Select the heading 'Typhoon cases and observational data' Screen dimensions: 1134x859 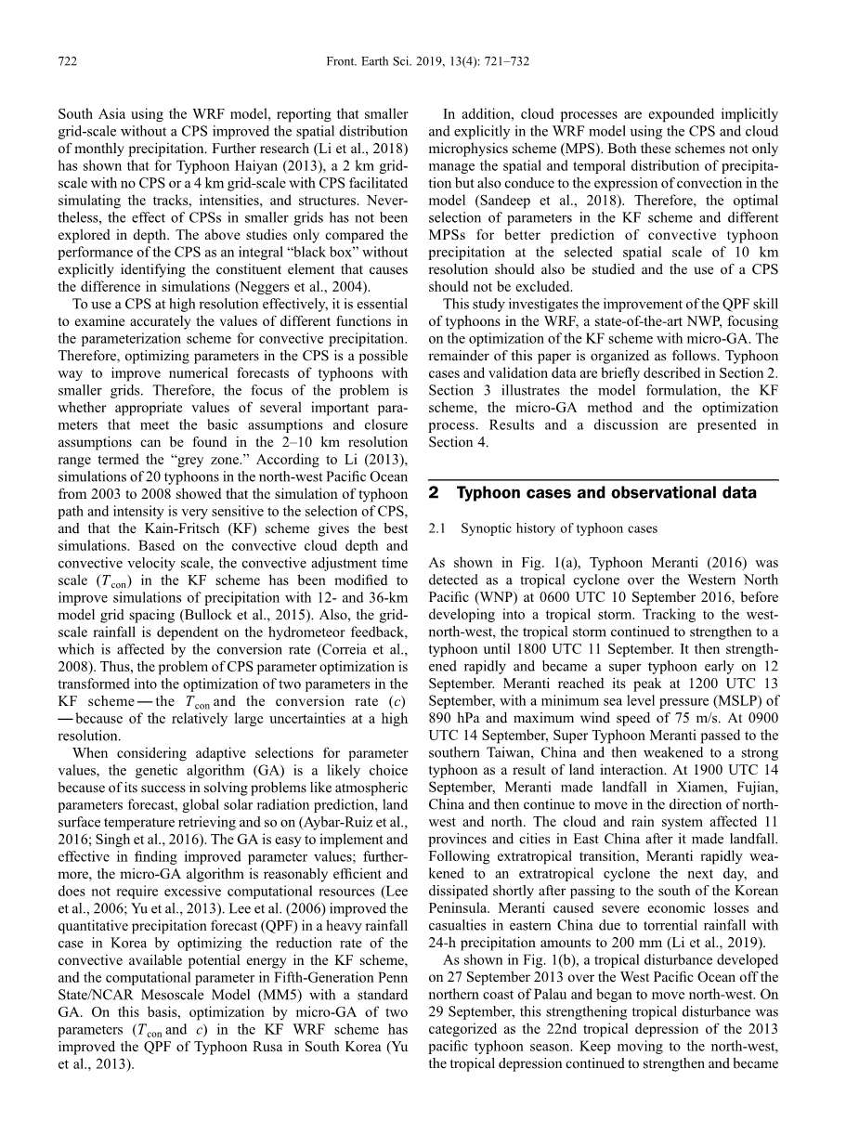[606, 493]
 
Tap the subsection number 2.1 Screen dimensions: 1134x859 [437, 528]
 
